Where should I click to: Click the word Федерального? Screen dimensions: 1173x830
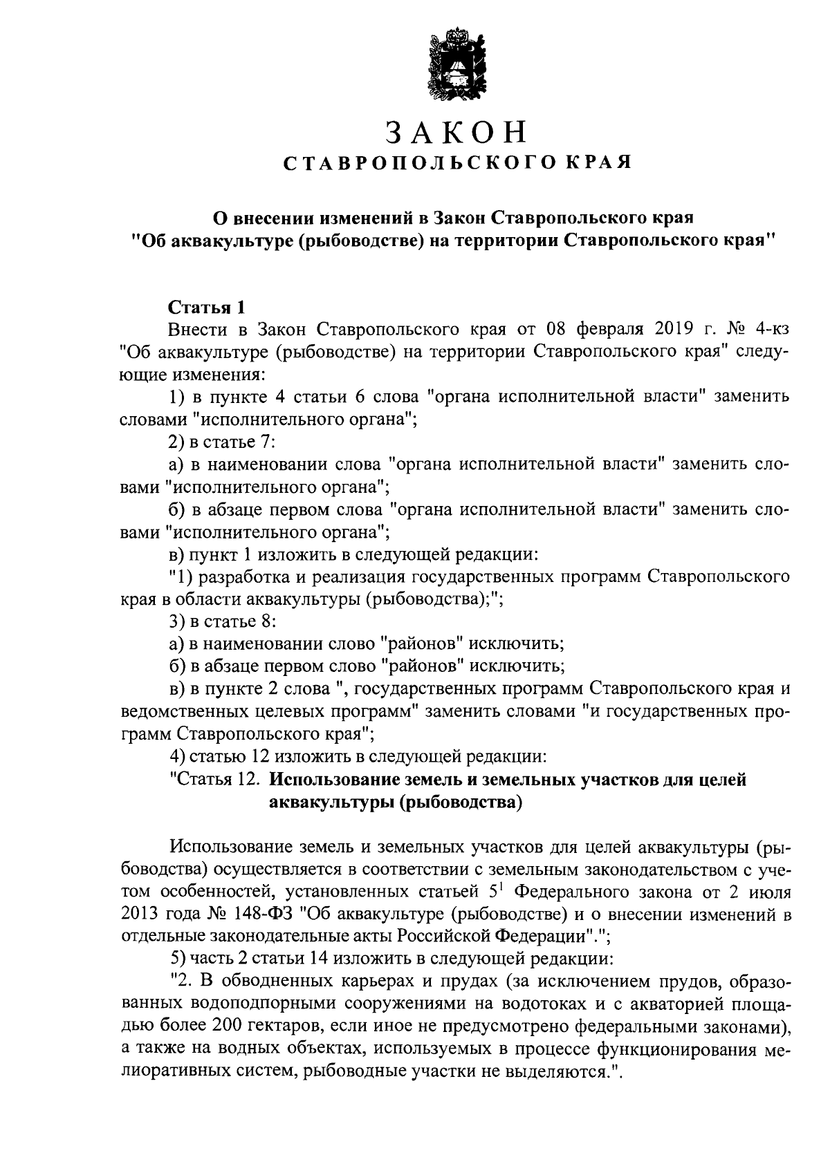567,892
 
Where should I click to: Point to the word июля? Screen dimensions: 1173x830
769,892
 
